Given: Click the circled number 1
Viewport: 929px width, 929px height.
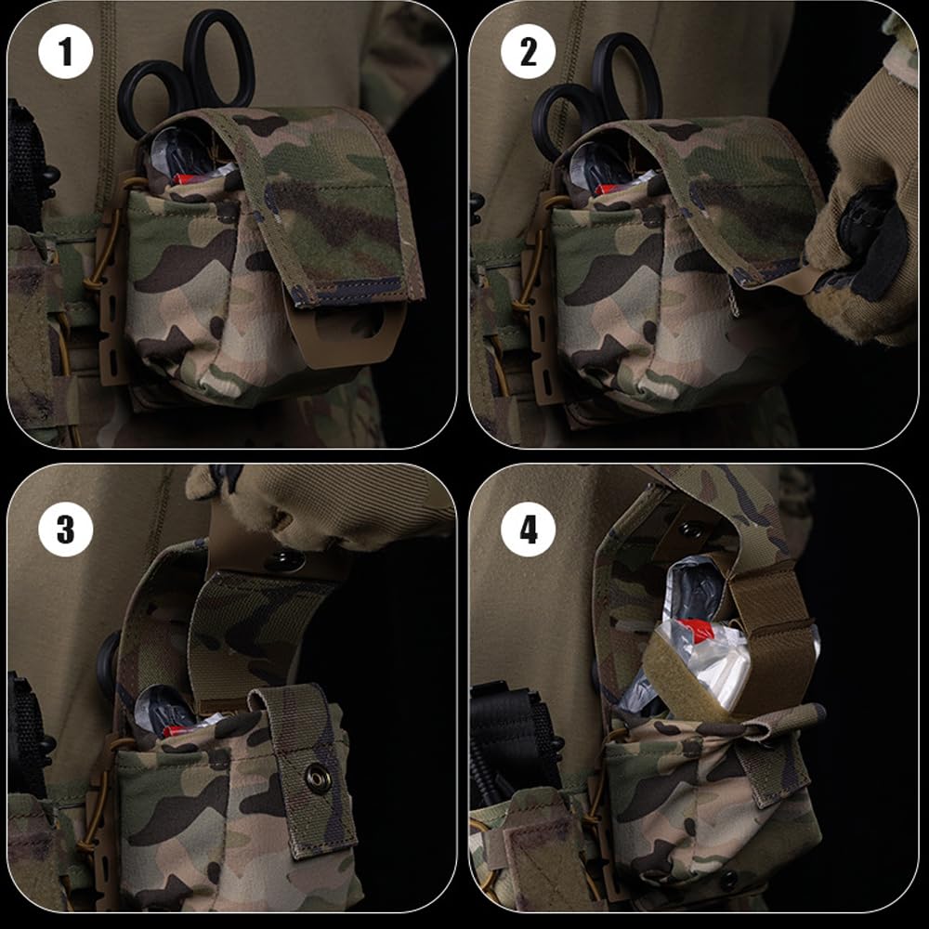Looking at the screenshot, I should click(x=66, y=53).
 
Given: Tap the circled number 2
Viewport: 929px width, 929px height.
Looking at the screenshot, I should click(x=529, y=53).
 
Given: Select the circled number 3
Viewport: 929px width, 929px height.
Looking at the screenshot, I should click(x=66, y=530).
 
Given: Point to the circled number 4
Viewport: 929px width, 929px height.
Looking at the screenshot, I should click(x=529, y=530).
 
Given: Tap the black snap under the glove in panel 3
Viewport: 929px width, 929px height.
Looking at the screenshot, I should click(x=284, y=560).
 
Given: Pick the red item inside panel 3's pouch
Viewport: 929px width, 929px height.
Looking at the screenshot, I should click(x=177, y=730).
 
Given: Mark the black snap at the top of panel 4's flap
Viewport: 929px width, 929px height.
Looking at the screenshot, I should click(x=691, y=530).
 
